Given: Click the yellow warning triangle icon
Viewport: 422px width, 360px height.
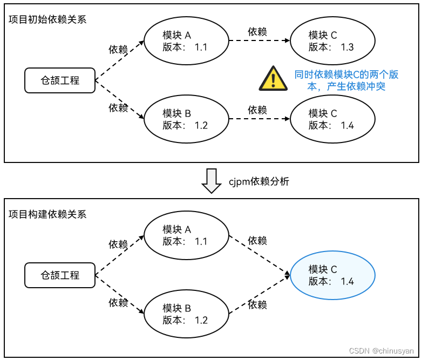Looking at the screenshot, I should click(273, 79).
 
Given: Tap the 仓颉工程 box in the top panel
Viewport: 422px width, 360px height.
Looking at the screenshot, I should click(60, 80).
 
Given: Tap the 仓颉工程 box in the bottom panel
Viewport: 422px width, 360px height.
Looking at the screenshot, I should click(60, 275).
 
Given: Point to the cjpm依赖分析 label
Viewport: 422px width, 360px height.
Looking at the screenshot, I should click(258, 181).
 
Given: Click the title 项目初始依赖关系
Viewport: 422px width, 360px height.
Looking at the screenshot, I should click(47, 19).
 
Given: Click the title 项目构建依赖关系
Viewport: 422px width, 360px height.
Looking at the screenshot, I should click(47, 214).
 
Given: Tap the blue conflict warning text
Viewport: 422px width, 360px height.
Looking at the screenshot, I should click(346, 80).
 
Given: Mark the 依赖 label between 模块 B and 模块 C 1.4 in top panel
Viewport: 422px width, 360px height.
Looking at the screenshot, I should click(257, 110).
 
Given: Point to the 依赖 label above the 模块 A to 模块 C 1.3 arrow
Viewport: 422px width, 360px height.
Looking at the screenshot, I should click(257, 31).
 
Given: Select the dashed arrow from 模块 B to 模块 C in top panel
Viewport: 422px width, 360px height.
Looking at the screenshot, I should click(259, 119).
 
